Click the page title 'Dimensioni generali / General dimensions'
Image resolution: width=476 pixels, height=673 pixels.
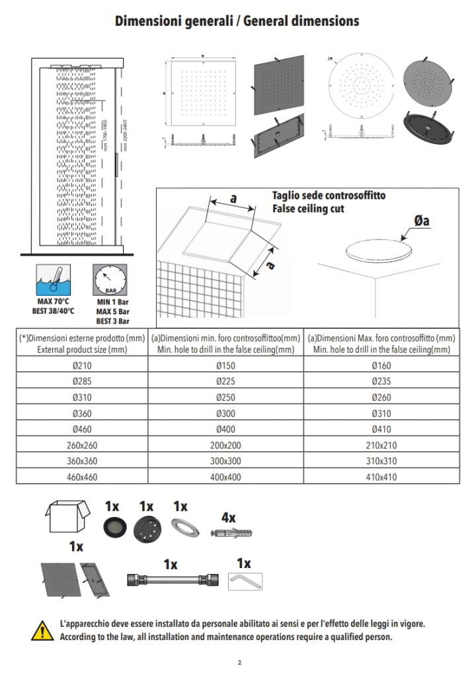click(x=237, y=21)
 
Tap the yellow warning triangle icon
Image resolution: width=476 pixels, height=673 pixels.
click(x=42, y=629)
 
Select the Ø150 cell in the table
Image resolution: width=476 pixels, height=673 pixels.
click(x=225, y=365)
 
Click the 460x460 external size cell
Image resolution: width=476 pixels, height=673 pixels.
click(x=82, y=476)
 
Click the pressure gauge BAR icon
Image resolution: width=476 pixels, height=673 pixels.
click(x=110, y=279)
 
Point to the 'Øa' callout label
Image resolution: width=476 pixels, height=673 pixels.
click(x=422, y=221)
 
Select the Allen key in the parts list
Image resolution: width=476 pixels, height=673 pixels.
click(x=245, y=581)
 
